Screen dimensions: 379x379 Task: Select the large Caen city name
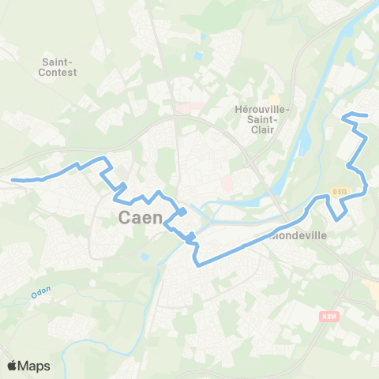click(x=141, y=217)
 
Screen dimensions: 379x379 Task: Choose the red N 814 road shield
click(x=330, y=317)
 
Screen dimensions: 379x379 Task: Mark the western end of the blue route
click(x=13, y=179)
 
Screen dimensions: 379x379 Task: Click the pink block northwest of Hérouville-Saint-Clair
click(x=186, y=107)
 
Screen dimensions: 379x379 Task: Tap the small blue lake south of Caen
click(x=144, y=257)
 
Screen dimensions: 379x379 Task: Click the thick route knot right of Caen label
click(x=182, y=211)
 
